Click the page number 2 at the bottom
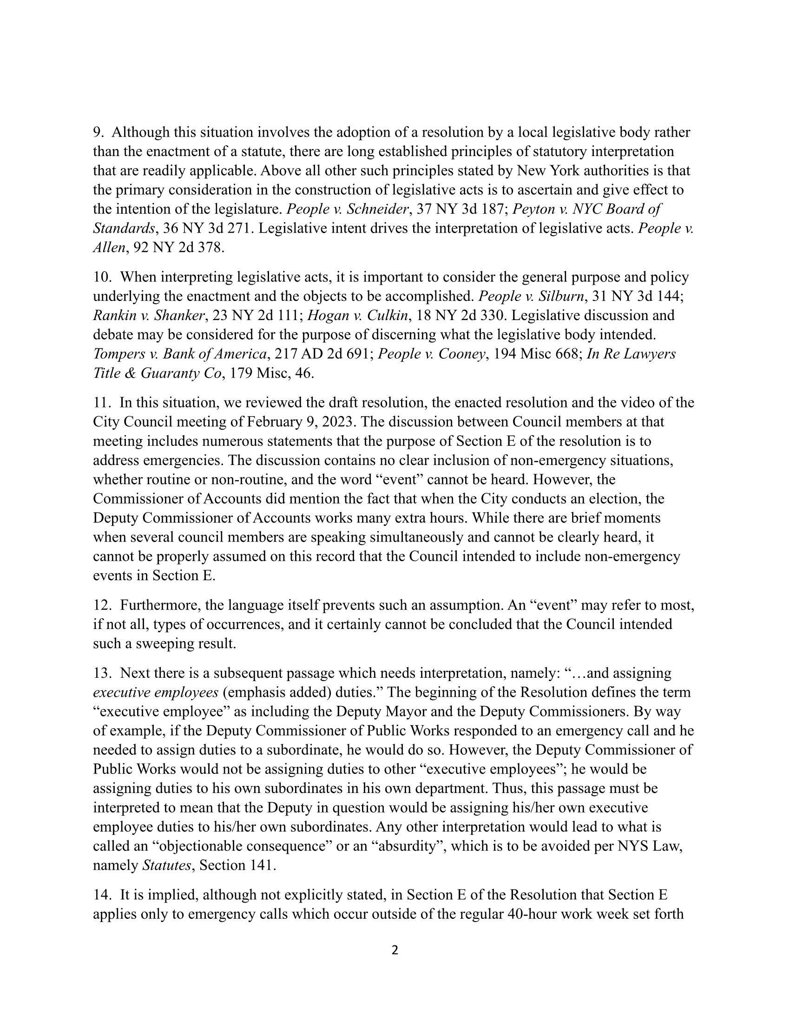[x=395, y=950]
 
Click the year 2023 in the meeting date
[x=339, y=422]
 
